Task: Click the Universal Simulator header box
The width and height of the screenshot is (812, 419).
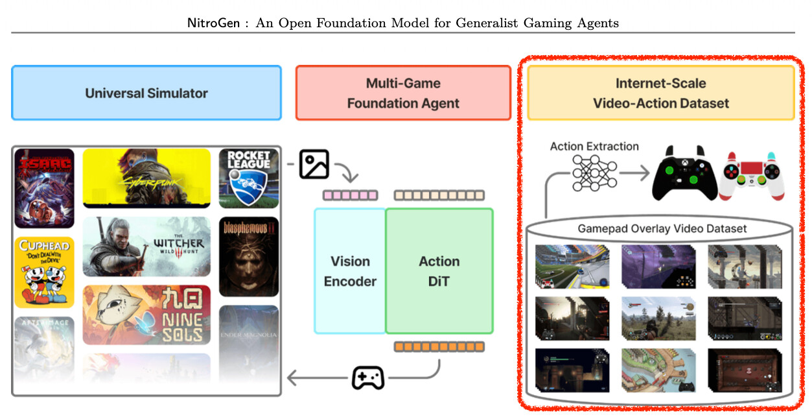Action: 146,93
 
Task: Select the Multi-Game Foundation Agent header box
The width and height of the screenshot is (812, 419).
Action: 403,93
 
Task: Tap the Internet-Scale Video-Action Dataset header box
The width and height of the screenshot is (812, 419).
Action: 661,93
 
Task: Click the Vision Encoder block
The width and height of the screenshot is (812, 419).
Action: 350,271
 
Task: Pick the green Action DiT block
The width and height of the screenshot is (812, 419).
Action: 439,271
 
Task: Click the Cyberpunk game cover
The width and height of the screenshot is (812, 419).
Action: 146,178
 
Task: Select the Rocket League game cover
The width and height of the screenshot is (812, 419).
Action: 249,178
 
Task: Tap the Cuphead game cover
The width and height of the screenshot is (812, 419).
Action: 44,272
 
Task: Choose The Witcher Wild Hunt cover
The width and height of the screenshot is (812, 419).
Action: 146,246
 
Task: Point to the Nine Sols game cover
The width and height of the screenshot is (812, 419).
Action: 146,315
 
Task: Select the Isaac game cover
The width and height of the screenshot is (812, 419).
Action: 44,188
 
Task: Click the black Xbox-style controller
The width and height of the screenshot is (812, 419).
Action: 685,173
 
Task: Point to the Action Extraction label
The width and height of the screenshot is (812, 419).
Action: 594,147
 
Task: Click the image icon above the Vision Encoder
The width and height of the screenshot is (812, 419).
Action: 314,164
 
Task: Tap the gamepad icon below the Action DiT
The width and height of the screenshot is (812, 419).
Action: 368,377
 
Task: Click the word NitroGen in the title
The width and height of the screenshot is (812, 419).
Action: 209,23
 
